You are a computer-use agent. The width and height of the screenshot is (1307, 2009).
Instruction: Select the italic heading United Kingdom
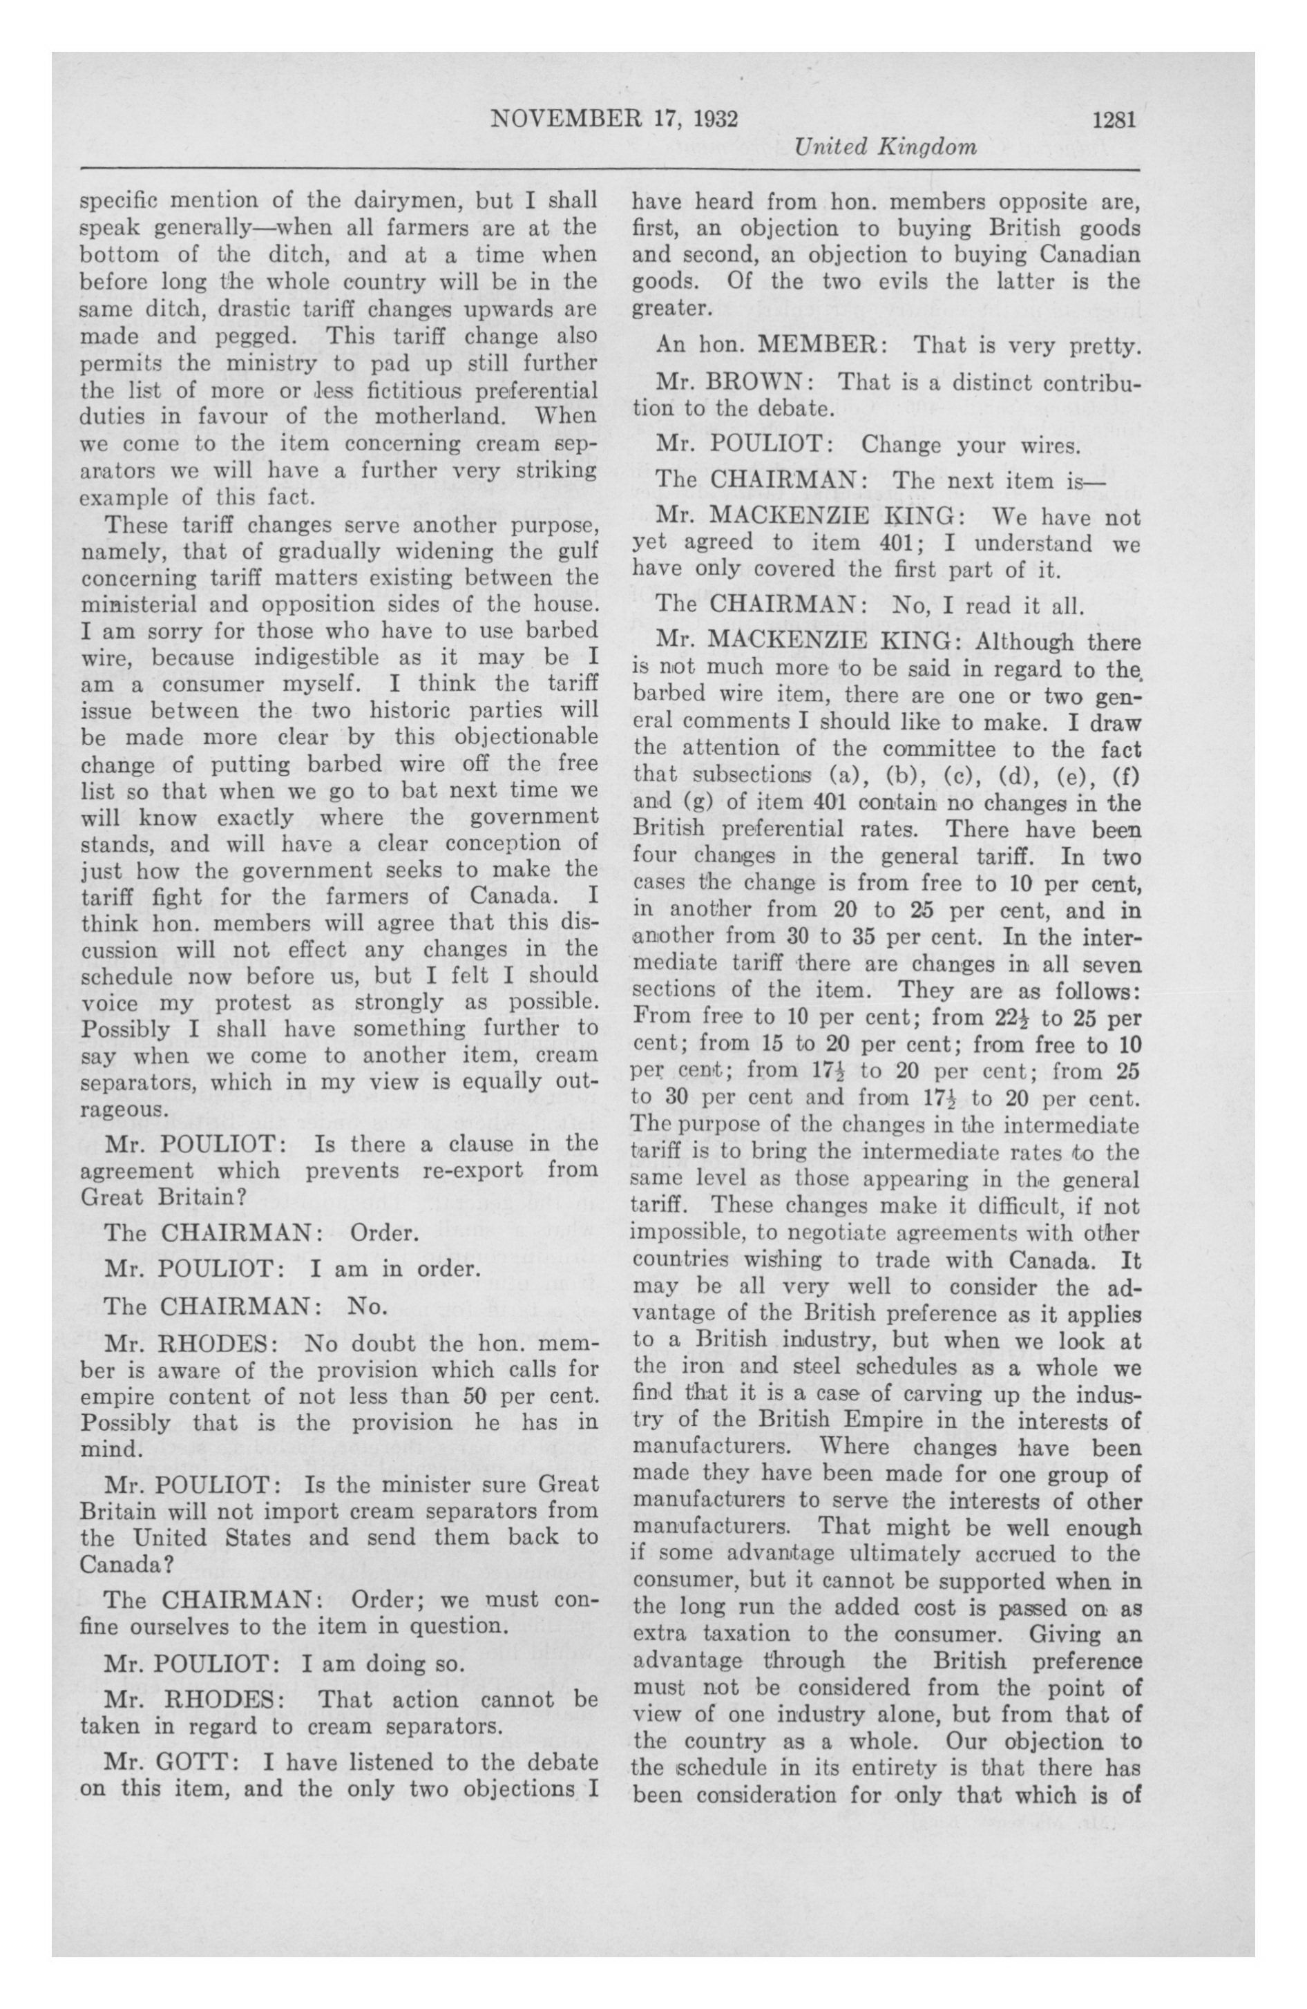point(886,147)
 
